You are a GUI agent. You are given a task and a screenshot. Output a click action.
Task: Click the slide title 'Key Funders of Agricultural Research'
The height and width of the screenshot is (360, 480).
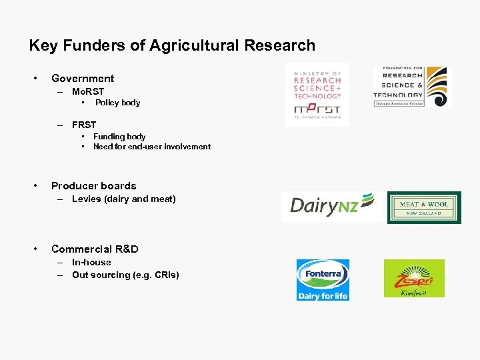[x=172, y=45]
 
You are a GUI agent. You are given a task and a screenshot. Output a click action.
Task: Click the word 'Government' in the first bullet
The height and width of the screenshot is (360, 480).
[x=83, y=79]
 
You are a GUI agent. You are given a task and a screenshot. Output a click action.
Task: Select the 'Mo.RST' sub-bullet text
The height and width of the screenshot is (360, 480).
[x=88, y=91]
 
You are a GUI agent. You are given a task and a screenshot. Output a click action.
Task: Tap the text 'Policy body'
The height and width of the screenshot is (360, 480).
[x=117, y=103]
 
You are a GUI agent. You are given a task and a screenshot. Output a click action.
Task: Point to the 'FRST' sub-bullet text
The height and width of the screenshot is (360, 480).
[x=84, y=125]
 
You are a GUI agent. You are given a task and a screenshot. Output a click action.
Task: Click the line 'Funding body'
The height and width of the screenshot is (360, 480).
[x=119, y=137]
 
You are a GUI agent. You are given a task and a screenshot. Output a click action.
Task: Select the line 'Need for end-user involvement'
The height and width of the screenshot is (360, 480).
[x=152, y=147]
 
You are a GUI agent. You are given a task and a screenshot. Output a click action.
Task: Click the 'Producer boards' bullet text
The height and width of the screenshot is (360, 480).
[x=93, y=186]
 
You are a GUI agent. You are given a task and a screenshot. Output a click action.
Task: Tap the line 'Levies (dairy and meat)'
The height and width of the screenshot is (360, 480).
[x=124, y=199]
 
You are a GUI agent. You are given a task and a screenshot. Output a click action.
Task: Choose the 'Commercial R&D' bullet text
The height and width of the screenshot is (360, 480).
[x=95, y=249]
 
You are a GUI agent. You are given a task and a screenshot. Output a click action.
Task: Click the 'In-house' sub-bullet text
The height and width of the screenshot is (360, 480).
[x=91, y=263]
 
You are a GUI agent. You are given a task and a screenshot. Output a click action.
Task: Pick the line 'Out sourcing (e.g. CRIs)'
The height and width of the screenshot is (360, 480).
[x=125, y=275]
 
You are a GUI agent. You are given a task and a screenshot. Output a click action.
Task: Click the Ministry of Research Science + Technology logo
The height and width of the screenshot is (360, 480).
[x=317, y=94]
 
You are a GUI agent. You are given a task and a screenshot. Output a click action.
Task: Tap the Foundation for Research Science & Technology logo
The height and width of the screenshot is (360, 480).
[x=411, y=87]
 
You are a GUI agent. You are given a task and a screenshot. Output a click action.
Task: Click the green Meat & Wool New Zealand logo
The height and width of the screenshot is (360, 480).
[x=424, y=207]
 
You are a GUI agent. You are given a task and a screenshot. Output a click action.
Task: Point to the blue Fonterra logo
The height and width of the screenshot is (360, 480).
[x=323, y=279]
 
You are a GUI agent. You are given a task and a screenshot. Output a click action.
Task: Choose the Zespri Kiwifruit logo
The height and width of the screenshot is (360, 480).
[x=414, y=278]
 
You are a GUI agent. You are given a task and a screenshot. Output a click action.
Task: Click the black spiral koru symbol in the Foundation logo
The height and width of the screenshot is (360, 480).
[x=437, y=85]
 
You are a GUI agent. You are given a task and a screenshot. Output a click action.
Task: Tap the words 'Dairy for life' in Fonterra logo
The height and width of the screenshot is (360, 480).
[x=323, y=295]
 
